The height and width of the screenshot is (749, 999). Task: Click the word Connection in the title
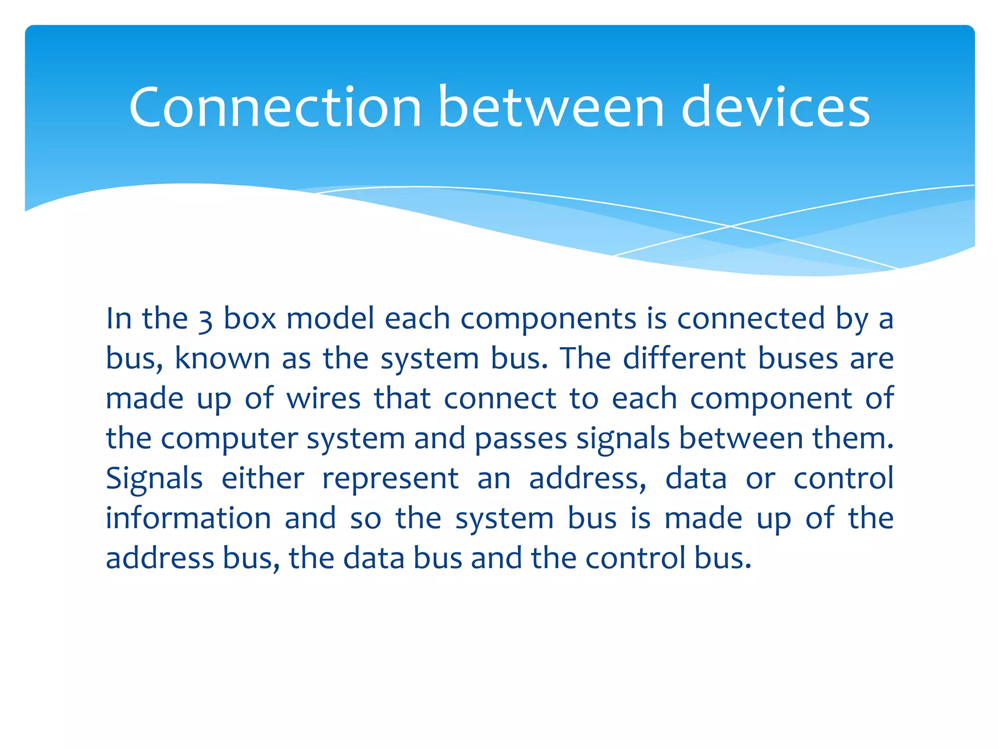(x=275, y=107)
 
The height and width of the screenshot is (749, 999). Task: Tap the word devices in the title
(x=775, y=107)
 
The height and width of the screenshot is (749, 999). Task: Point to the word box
(x=250, y=318)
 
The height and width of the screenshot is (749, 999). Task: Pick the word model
(x=330, y=318)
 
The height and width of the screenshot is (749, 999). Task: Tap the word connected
(x=752, y=318)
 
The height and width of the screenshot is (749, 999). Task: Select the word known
(x=222, y=358)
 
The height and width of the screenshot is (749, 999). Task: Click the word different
(x=685, y=358)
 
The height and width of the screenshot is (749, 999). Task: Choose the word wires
(x=323, y=398)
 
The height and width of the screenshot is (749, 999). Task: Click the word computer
(x=229, y=439)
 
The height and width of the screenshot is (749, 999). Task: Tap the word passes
(x=520, y=439)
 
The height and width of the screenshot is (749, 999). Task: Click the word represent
(x=391, y=479)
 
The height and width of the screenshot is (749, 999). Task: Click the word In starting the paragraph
(x=119, y=318)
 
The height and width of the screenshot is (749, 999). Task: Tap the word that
(x=402, y=398)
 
